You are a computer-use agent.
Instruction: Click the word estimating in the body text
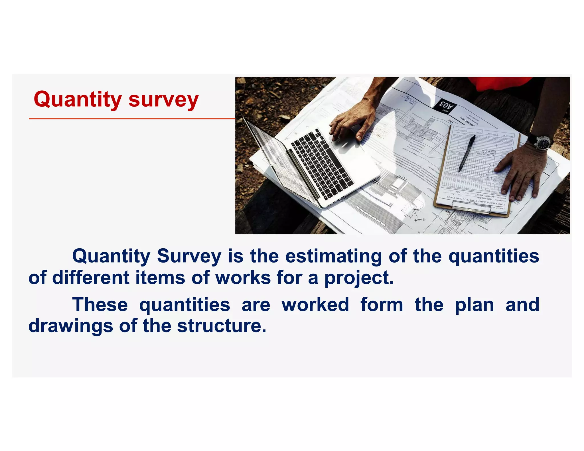click(x=334, y=256)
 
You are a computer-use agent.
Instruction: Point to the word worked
click(x=315, y=304)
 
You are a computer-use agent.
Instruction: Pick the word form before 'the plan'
click(x=382, y=304)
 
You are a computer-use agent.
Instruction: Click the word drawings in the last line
click(x=71, y=326)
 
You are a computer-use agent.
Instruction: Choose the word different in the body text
click(x=91, y=277)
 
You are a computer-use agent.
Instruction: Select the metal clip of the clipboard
click(x=470, y=208)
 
